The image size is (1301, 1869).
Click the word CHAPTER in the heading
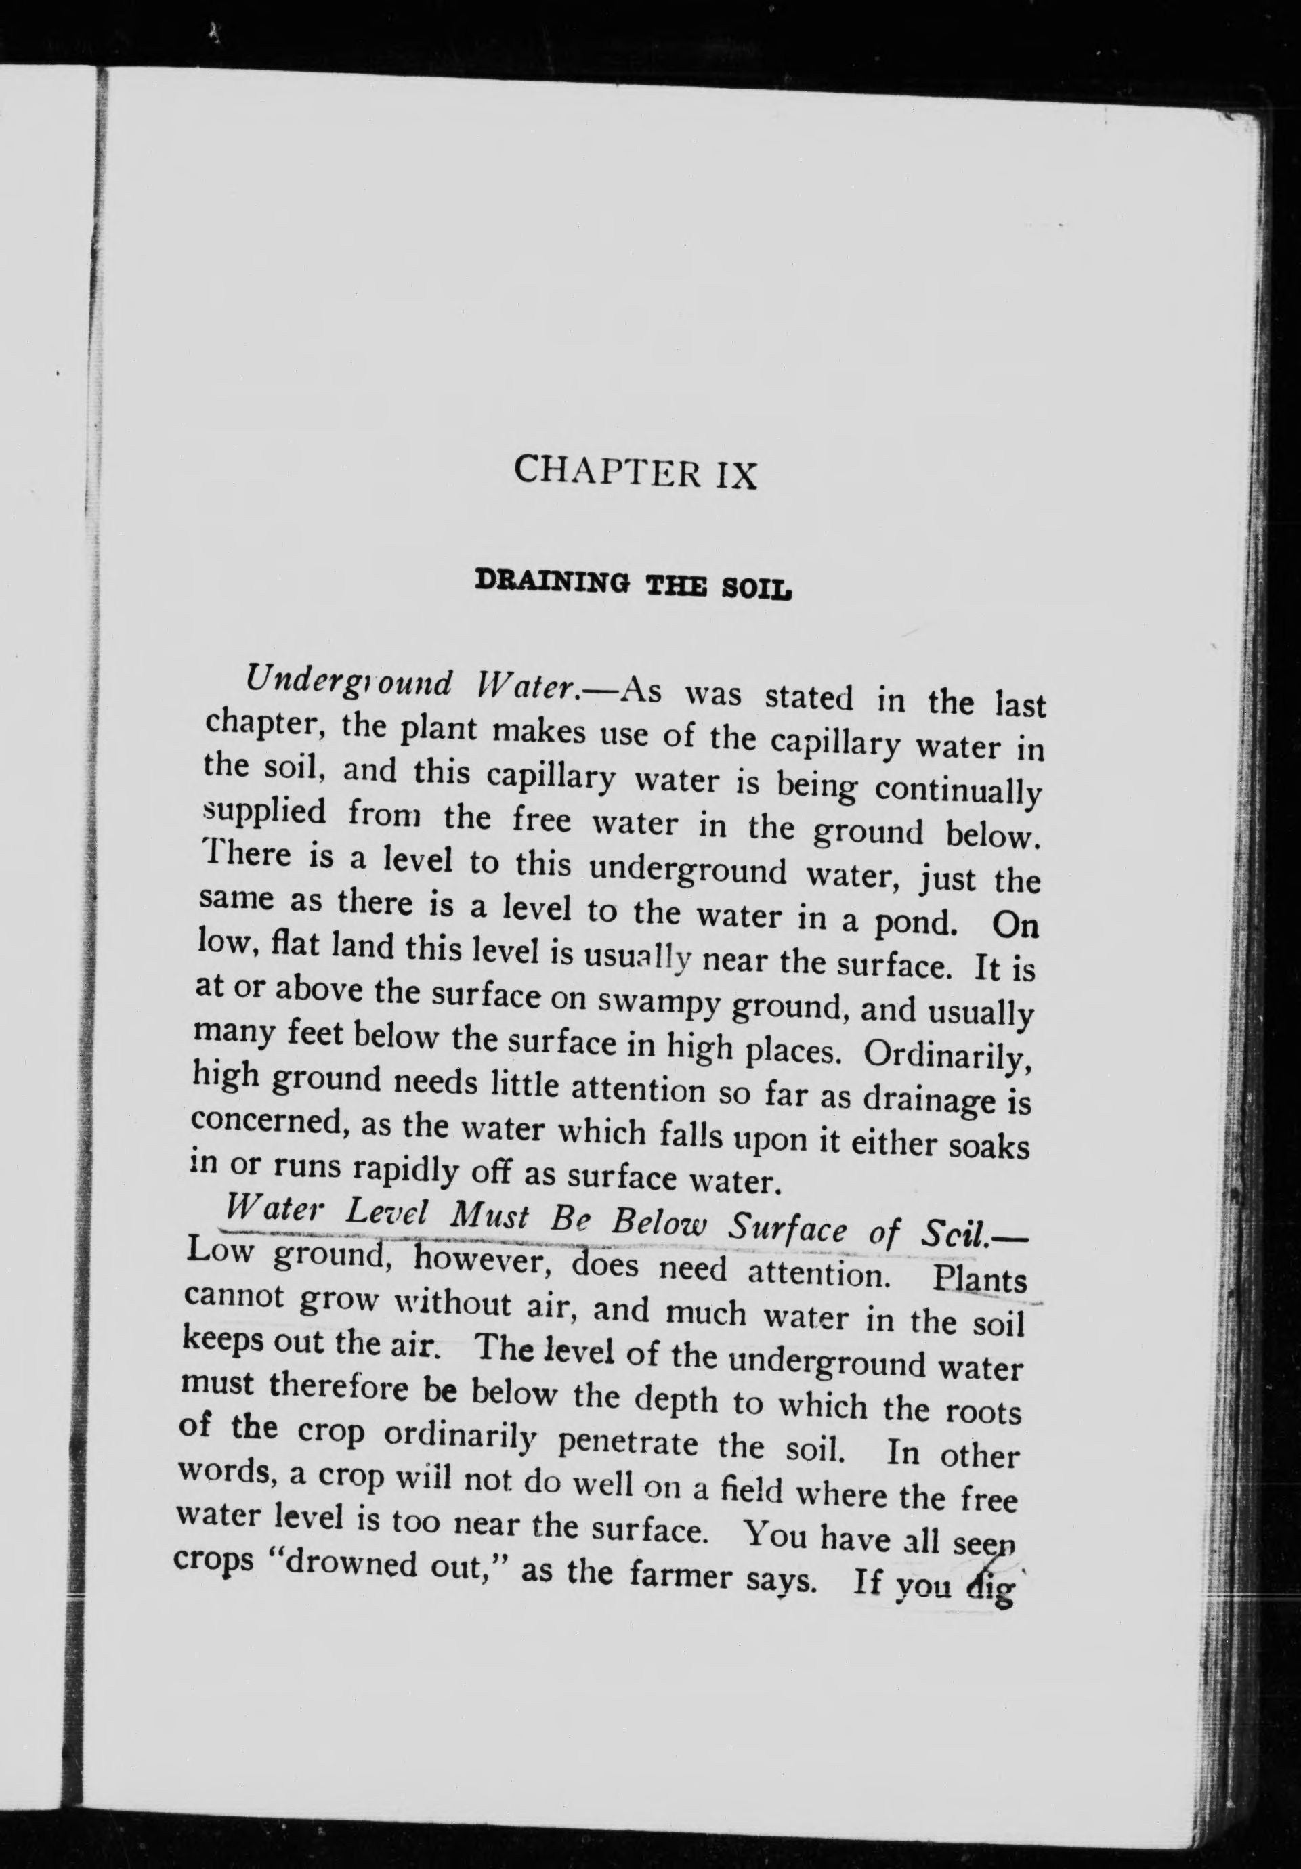click(x=607, y=471)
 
